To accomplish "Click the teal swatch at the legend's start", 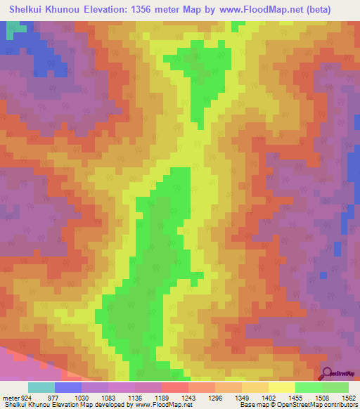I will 41,387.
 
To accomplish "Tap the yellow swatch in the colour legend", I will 282,387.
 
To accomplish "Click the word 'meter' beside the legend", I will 9,398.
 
